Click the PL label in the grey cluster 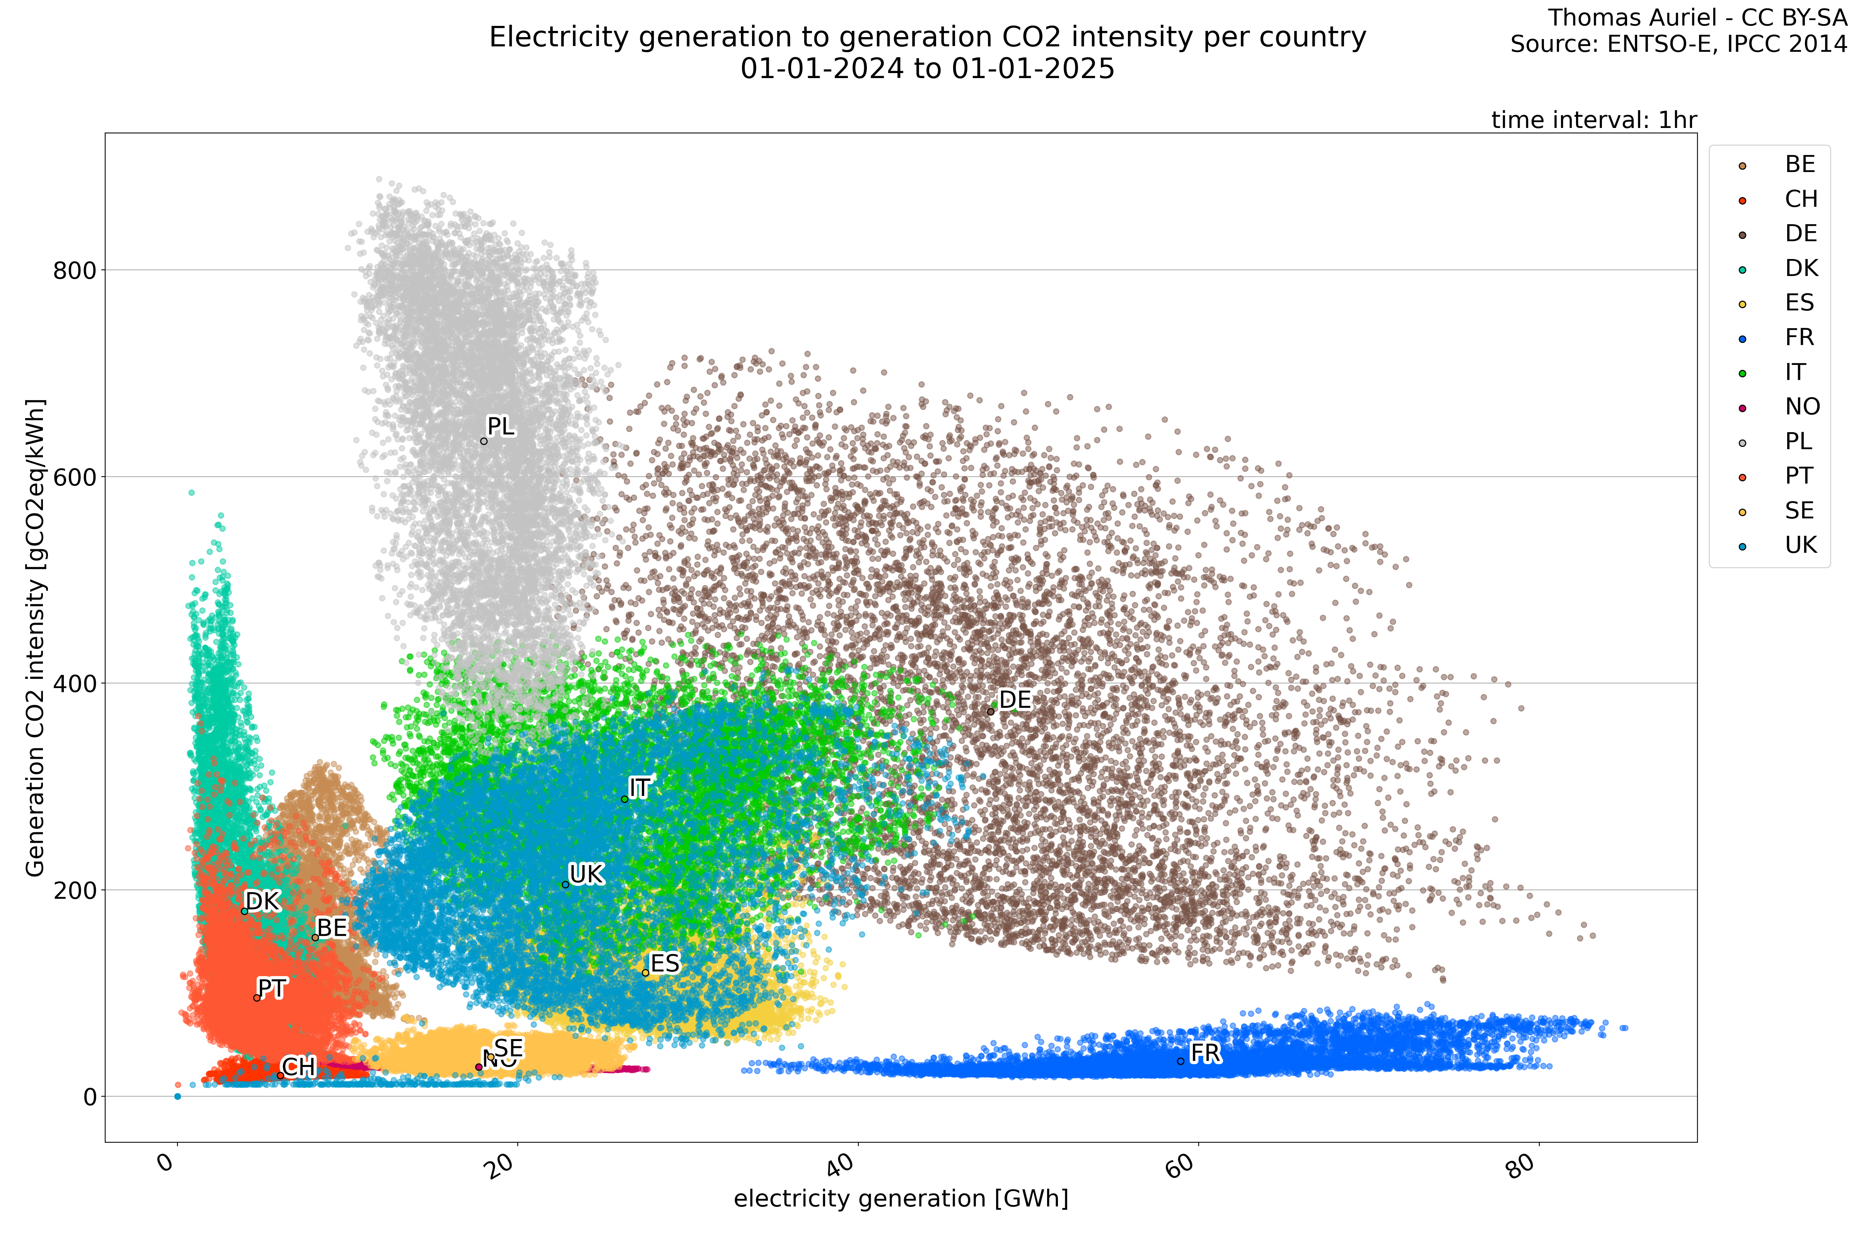tap(500, 427)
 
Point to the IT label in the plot tap(639, 788)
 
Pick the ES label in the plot tap(664, 963)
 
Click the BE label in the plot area tap(331, 928)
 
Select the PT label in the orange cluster tap(271, 988)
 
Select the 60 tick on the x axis tap(1181, 1166)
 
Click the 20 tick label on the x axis tap(500, 1166)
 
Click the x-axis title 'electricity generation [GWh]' tap(901, 1199)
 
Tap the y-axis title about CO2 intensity tap(36, 637)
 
